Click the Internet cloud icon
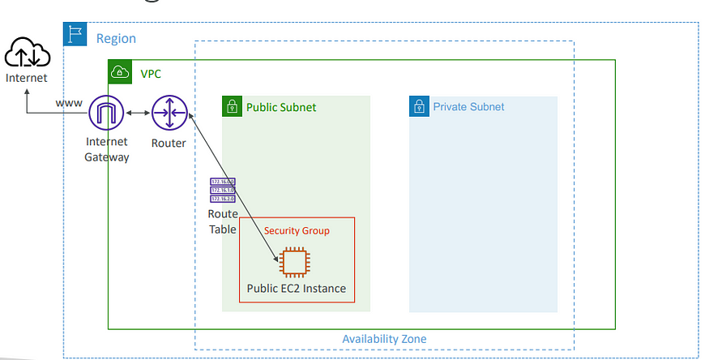[x=26, y=54]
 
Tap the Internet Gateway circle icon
[x=106, y=113]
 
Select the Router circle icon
[x=169, y=113]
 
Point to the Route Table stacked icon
[x=223, y=191]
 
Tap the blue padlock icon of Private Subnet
[x=419, y=106]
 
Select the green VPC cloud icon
[x=118, y=71]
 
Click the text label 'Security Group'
[x=297, y=230]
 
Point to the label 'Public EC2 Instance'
[x=297, y=288]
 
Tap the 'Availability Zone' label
[x=384, y=339]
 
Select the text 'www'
[x=69, y=104]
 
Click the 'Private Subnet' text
[x=468, y=107]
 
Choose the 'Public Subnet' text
[x=281, y=107]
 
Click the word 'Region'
[x=116, y=38]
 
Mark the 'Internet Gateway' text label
[x=106, y=150]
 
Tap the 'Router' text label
[x=169, y=144]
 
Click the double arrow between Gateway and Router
[x=138, y=113]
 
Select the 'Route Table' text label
[x=223, y=221]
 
